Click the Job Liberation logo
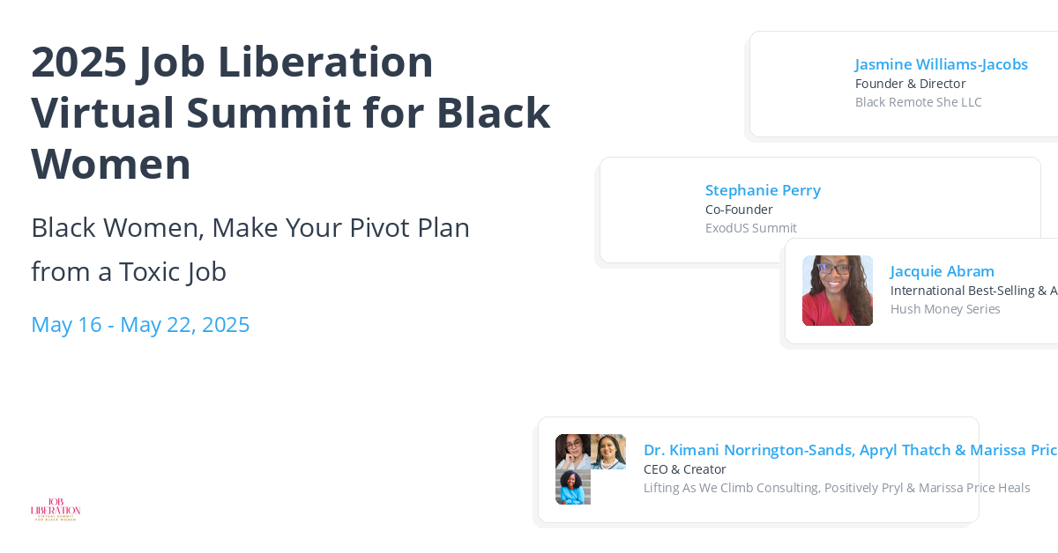[56, 509]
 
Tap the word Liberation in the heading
[325, 62]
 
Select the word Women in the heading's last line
[111, 164]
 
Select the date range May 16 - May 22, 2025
[140, 324]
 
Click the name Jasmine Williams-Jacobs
[941, 64]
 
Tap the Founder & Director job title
[910, 84]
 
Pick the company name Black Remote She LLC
[918, 102]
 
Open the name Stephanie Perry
[763, 190]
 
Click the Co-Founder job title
[739, 210]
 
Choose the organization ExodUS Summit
[750, 228]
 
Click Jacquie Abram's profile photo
[838, 291]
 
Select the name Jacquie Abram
[942, 271]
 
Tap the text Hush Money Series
[945, 309]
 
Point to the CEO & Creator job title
[684, 469]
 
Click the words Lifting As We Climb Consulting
[744, 488]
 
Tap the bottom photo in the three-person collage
[573, 487]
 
